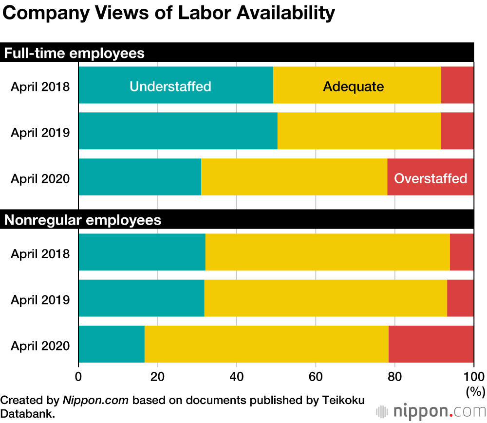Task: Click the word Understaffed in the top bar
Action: pyautogui.click(x=170, y=87)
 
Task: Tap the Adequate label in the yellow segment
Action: pyautogui.click(x=353, y=87)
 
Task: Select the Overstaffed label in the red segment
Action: pyautogui.click(x=431, y=178)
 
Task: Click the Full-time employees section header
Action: pyautogui.click(x=75, y=53)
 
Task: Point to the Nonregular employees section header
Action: pyautogui.click(x=83, y=220)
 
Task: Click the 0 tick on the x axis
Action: pyautogui.click(x=78, y=376)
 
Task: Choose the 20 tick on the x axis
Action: pyautogui.click(x=157, y=376)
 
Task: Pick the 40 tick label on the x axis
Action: pyautogui.click(x=236, y=376)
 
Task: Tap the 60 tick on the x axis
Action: pyautogui.click(x=316, y=376)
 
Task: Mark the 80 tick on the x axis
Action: pyautogui.click(x=394, y=376)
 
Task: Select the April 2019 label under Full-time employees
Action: pyautogui.click(x=40, y=132)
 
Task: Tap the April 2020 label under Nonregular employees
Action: pyautogui.click(x=40, y=346)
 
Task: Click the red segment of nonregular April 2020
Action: pyautogui.click(x=431, y=344)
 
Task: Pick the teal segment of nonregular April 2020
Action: pyautogui.click(x=111, y=344)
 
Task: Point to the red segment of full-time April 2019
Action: pyautogui.click(x=457, y=131)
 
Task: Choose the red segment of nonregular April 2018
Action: pyautogui.click(x=462, y=252)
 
